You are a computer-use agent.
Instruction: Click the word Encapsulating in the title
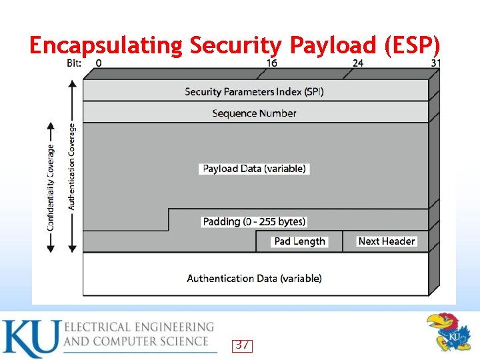point(106,46)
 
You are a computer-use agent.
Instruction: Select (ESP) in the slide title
point(413,45)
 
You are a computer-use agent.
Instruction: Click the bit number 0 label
point(99,63)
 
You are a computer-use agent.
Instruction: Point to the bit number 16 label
point(272,63)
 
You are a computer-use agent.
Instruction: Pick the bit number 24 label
point(359,63)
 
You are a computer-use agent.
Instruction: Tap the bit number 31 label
point(436,63)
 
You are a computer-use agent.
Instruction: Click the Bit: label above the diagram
point(75,63)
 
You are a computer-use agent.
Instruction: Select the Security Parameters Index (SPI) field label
point(254,91)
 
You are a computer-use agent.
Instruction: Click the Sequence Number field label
point(254,113)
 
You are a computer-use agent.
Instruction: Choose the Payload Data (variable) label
point(254,169)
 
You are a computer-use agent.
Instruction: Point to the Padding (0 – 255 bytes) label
point(254,221)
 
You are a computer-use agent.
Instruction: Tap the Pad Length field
point(299,241)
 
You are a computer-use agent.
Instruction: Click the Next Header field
point(387,241)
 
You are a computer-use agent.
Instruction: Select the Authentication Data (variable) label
point(254,278)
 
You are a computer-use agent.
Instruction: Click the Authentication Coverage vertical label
point(72,166)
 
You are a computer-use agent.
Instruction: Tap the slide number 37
point(243,345)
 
